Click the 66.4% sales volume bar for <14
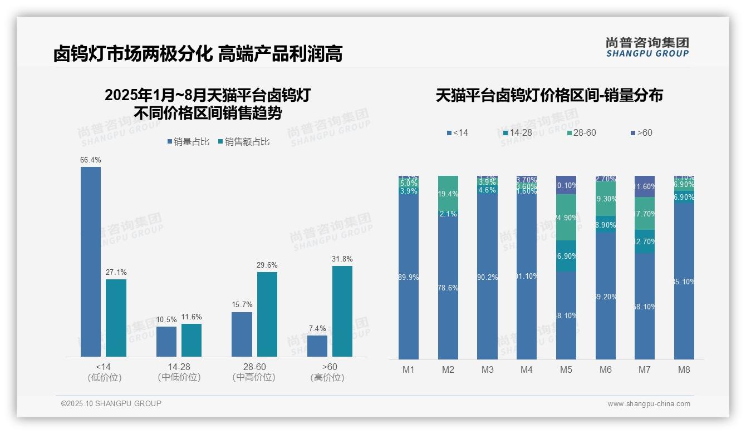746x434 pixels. click(91, 262)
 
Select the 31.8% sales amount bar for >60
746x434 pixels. click(342, 311)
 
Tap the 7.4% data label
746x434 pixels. click(317, 329)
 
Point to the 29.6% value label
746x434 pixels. click(267, 265)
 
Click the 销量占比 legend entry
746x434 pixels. click(188, 142)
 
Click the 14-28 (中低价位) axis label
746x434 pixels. click(179, 372)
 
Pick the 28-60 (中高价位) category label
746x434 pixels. click(254, 372)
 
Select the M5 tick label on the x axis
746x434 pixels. click(566, 369)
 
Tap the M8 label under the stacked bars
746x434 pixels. click(684, 369)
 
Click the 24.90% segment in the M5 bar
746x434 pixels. click(566, 217)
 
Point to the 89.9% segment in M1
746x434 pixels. click(409, 277)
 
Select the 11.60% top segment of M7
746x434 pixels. click(645, 186)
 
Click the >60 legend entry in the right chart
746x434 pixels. click(641, 133)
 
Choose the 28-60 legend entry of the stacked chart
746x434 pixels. click(581, 133)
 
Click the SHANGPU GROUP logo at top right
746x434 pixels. click(647, 47)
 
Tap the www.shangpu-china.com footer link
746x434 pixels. click(649, 404)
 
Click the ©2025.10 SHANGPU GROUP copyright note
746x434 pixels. click(111, 403)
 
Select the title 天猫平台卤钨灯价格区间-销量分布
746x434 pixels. click(549, 96)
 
